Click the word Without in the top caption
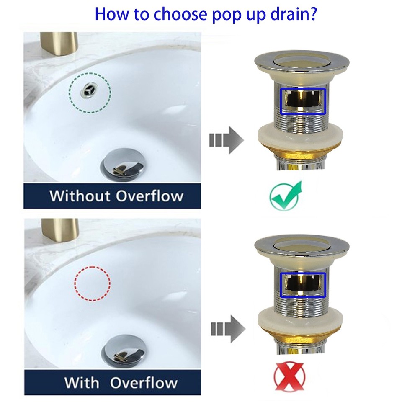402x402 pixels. [x=80, y=196]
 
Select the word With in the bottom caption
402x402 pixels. [x=82, y=383]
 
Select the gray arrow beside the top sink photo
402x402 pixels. [x=226, y=140]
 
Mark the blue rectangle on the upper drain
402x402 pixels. [x=303, y=100]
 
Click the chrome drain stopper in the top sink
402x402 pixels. [x=124, y=165]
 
